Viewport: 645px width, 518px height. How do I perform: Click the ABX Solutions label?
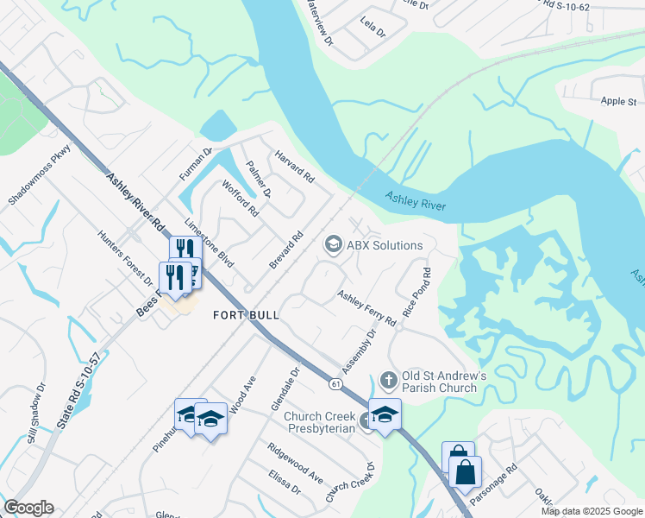(385, 245)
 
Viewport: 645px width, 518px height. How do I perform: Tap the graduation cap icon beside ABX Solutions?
(332, 245)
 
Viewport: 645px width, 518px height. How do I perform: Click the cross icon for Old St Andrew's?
(388, 380)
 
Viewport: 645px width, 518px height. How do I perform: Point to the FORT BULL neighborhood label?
(246, 315)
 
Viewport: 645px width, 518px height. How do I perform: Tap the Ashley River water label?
(416, 201)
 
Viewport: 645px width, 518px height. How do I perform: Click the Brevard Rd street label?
(287, 249)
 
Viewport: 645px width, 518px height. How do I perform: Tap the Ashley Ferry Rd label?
(366, 308)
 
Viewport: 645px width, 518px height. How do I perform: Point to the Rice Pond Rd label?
(415, 296)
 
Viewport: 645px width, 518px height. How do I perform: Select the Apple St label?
(618, 101)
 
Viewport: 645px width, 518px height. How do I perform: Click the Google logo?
(28, 508)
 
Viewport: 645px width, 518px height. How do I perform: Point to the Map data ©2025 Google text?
(592, 511)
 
